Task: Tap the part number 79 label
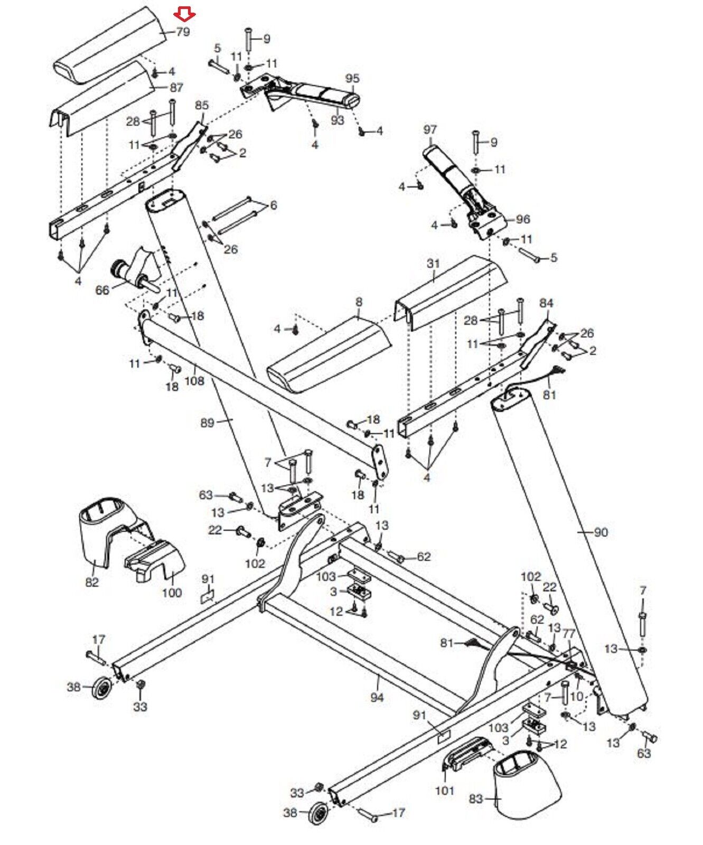183,32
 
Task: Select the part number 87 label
176,88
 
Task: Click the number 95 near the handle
352,79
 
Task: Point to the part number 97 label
430,129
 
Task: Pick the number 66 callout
102,290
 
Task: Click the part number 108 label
194,380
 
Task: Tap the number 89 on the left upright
208,423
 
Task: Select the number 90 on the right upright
601,532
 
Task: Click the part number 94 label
377,698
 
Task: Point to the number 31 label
433,263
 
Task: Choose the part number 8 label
359,303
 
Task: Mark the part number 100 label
172,593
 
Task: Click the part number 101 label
445,791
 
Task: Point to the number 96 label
523,219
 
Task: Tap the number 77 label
569,633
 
